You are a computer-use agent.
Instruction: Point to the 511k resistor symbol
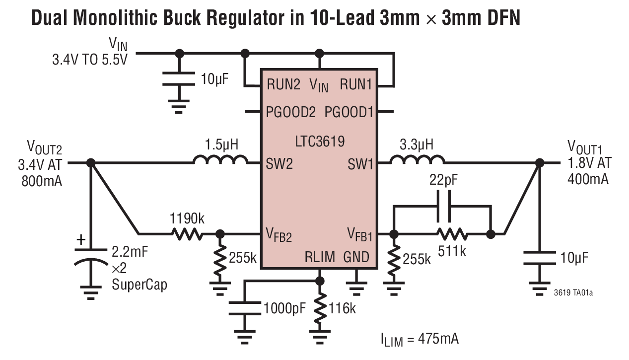pyautogui.click(x=452, y=233)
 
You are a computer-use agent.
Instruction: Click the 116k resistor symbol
pyautogui.click(x=320, y=308)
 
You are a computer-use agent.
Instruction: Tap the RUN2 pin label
pyautogui.click(x=283, y=85)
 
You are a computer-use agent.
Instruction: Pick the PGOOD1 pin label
pyautogui.click(x=349, y=112)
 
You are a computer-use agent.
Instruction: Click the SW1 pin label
pyautogui.click(x=360, y=164)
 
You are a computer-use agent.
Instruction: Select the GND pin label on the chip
pyautogui.click(x=356, y=257)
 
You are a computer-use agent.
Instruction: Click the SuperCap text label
pyautogui.click(x=139, y=285)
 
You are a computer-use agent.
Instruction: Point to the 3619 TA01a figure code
pyautogui.click(x=573, y=293)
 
